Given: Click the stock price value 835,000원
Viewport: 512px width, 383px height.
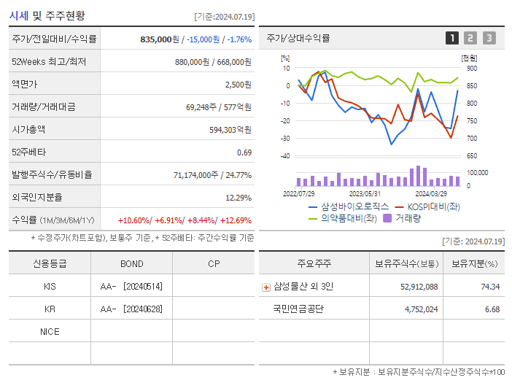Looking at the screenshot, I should (160, 39).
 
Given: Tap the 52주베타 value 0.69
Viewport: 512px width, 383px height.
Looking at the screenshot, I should (244, 152).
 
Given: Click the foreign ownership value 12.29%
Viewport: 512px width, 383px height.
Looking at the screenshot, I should (238, 198).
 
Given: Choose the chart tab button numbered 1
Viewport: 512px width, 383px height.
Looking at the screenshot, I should (452, 38).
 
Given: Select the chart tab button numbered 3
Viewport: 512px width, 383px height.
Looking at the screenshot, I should (489, 38).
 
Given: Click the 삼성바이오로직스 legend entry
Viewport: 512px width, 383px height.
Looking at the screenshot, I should (349, 206).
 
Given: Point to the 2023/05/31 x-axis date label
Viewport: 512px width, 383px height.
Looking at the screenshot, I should (365, 194).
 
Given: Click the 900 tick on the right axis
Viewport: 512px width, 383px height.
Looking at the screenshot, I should (472, 69).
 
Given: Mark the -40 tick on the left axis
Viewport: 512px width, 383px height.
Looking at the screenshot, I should (285, 156).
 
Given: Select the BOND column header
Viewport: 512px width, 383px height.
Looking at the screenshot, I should (131, 264).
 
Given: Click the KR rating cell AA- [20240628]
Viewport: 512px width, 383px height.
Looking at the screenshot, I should (131, 309).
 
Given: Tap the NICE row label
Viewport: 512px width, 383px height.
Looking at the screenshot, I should (50, 332).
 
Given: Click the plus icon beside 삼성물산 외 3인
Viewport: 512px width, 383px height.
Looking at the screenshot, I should (266, 287).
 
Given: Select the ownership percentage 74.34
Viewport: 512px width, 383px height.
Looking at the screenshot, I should (490, 287).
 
